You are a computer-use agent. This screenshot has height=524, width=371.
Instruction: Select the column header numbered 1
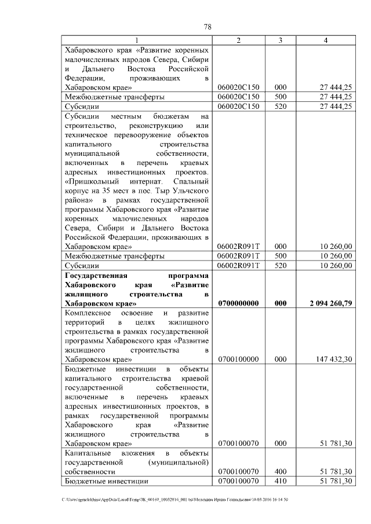[x=137, y=40]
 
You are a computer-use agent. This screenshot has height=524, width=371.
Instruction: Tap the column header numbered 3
[x=281, y=40]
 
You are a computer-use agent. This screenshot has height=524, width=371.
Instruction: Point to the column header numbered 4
[x=326, y=40]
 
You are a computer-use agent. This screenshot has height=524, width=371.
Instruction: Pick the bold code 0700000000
[x=238, y=303]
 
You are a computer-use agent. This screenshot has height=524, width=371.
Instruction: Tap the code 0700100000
[x=238, y=359]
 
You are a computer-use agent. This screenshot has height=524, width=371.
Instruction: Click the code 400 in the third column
[x=281, y=471]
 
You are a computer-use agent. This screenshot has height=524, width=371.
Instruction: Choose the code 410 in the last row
[x=281, y=481]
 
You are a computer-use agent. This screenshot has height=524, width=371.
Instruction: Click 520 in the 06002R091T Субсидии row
[x=281, y=265]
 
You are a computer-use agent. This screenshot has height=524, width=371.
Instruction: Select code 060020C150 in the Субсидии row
[x=238, y=107]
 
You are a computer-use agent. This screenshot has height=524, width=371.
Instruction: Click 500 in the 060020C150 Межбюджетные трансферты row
[x=281, y=97]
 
